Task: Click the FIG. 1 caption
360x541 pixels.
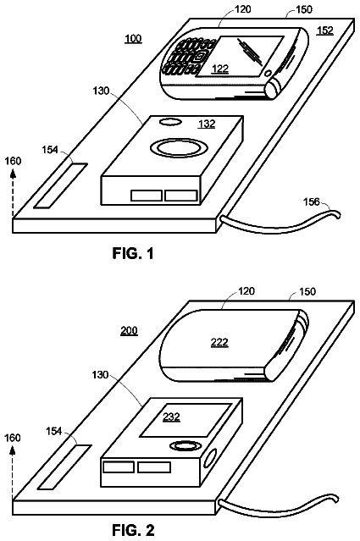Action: [133, 254]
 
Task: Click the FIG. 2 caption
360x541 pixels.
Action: [133, 530]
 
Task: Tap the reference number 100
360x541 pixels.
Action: [133, 38]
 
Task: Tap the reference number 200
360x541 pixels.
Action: [129, 331]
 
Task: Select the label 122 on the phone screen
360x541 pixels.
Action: [220, 69]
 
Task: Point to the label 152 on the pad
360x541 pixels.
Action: [325, 30]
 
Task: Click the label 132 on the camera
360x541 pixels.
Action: [207, 124]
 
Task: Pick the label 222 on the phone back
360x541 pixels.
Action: [219, 342]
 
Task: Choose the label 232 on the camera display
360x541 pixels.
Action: [172, 417]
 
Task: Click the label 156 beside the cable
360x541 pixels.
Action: [312, 201]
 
